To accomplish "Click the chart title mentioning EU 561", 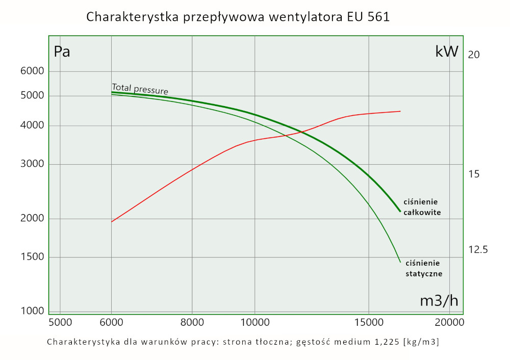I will [238, 17].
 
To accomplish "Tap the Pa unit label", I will [62, 52].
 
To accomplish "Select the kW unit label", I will [447, 52].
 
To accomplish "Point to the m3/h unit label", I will [439, 301].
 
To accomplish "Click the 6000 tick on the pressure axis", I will [33, 71].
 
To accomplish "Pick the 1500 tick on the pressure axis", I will [33, 257].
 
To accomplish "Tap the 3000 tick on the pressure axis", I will [33, 164].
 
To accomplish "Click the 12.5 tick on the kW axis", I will [478, 250].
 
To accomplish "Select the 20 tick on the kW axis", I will [473, 55].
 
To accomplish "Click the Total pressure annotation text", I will [140, 89].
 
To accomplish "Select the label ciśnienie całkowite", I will [422, 207].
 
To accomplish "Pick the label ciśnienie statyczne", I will [423, 268].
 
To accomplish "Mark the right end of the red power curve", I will [400, 111].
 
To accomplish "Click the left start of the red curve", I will [112, 222].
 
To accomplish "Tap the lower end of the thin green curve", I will [400, 262].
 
